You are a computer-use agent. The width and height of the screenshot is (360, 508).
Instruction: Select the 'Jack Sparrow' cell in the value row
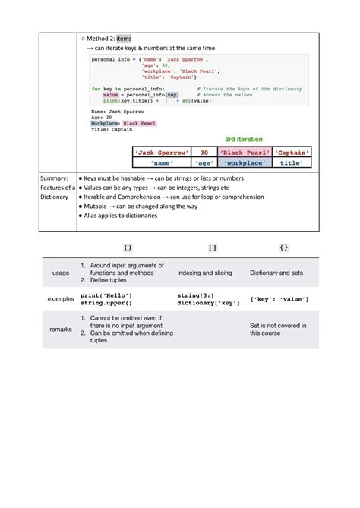(161, 153)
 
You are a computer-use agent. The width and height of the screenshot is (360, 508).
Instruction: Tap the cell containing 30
(204, 153)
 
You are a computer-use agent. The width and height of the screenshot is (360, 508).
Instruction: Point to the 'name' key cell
(161, 162)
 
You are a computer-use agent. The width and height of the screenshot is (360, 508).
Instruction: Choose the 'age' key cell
(204, 162)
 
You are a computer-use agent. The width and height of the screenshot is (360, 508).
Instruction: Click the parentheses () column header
(128, 248)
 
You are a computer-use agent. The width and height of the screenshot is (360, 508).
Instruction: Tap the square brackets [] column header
(213, 248)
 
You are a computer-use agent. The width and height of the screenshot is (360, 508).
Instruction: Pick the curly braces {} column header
(283, 248)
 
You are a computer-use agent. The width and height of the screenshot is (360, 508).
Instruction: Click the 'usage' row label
(60, 273)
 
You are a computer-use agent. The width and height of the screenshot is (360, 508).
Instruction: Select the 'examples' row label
(60, 299)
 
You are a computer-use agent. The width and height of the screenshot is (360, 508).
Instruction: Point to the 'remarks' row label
(60, 330)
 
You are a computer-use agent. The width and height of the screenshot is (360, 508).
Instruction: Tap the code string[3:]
(195, 295)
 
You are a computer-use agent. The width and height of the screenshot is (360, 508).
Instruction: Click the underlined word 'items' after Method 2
(124, 38)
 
